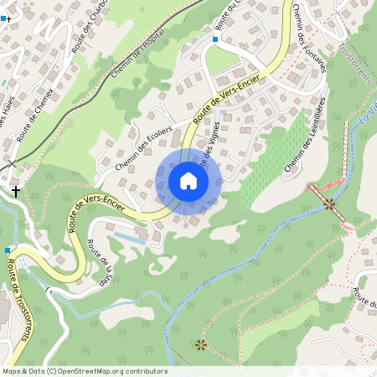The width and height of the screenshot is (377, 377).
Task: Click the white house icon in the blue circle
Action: tap(188, 181)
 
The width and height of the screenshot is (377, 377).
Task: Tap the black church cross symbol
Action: tap(15, 192)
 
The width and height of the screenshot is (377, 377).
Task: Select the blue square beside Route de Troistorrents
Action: tap(8, 250)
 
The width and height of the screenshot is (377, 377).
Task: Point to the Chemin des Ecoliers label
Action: tap(143, 148)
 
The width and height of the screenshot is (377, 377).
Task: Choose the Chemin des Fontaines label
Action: tap(311, 42)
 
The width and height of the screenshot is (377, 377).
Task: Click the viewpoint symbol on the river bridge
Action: tap(328, 204)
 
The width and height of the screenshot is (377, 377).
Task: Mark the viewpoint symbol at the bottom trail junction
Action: tap(200, 343)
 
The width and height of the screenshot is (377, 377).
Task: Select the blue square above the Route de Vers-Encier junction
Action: tap(215, 39)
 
